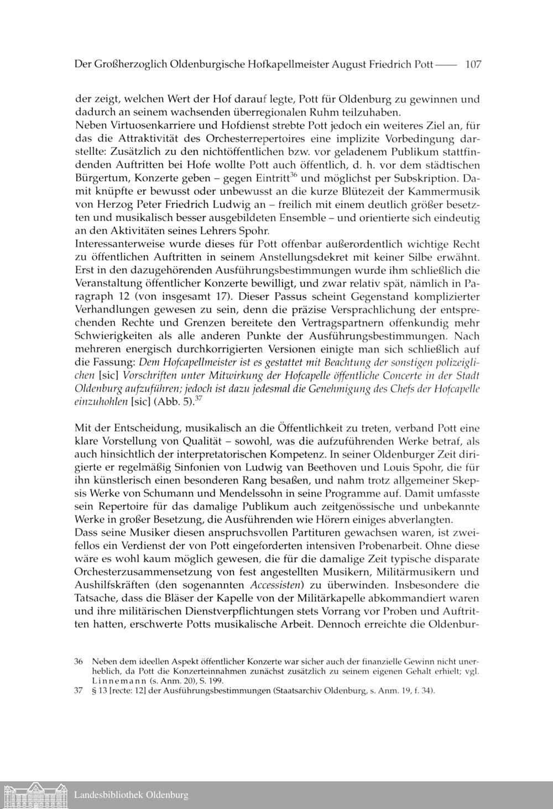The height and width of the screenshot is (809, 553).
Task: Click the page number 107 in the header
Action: pos(473,64)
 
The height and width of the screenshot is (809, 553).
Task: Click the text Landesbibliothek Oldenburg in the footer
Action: pos(131,795)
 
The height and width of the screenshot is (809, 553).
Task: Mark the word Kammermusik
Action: pos(446,192)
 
